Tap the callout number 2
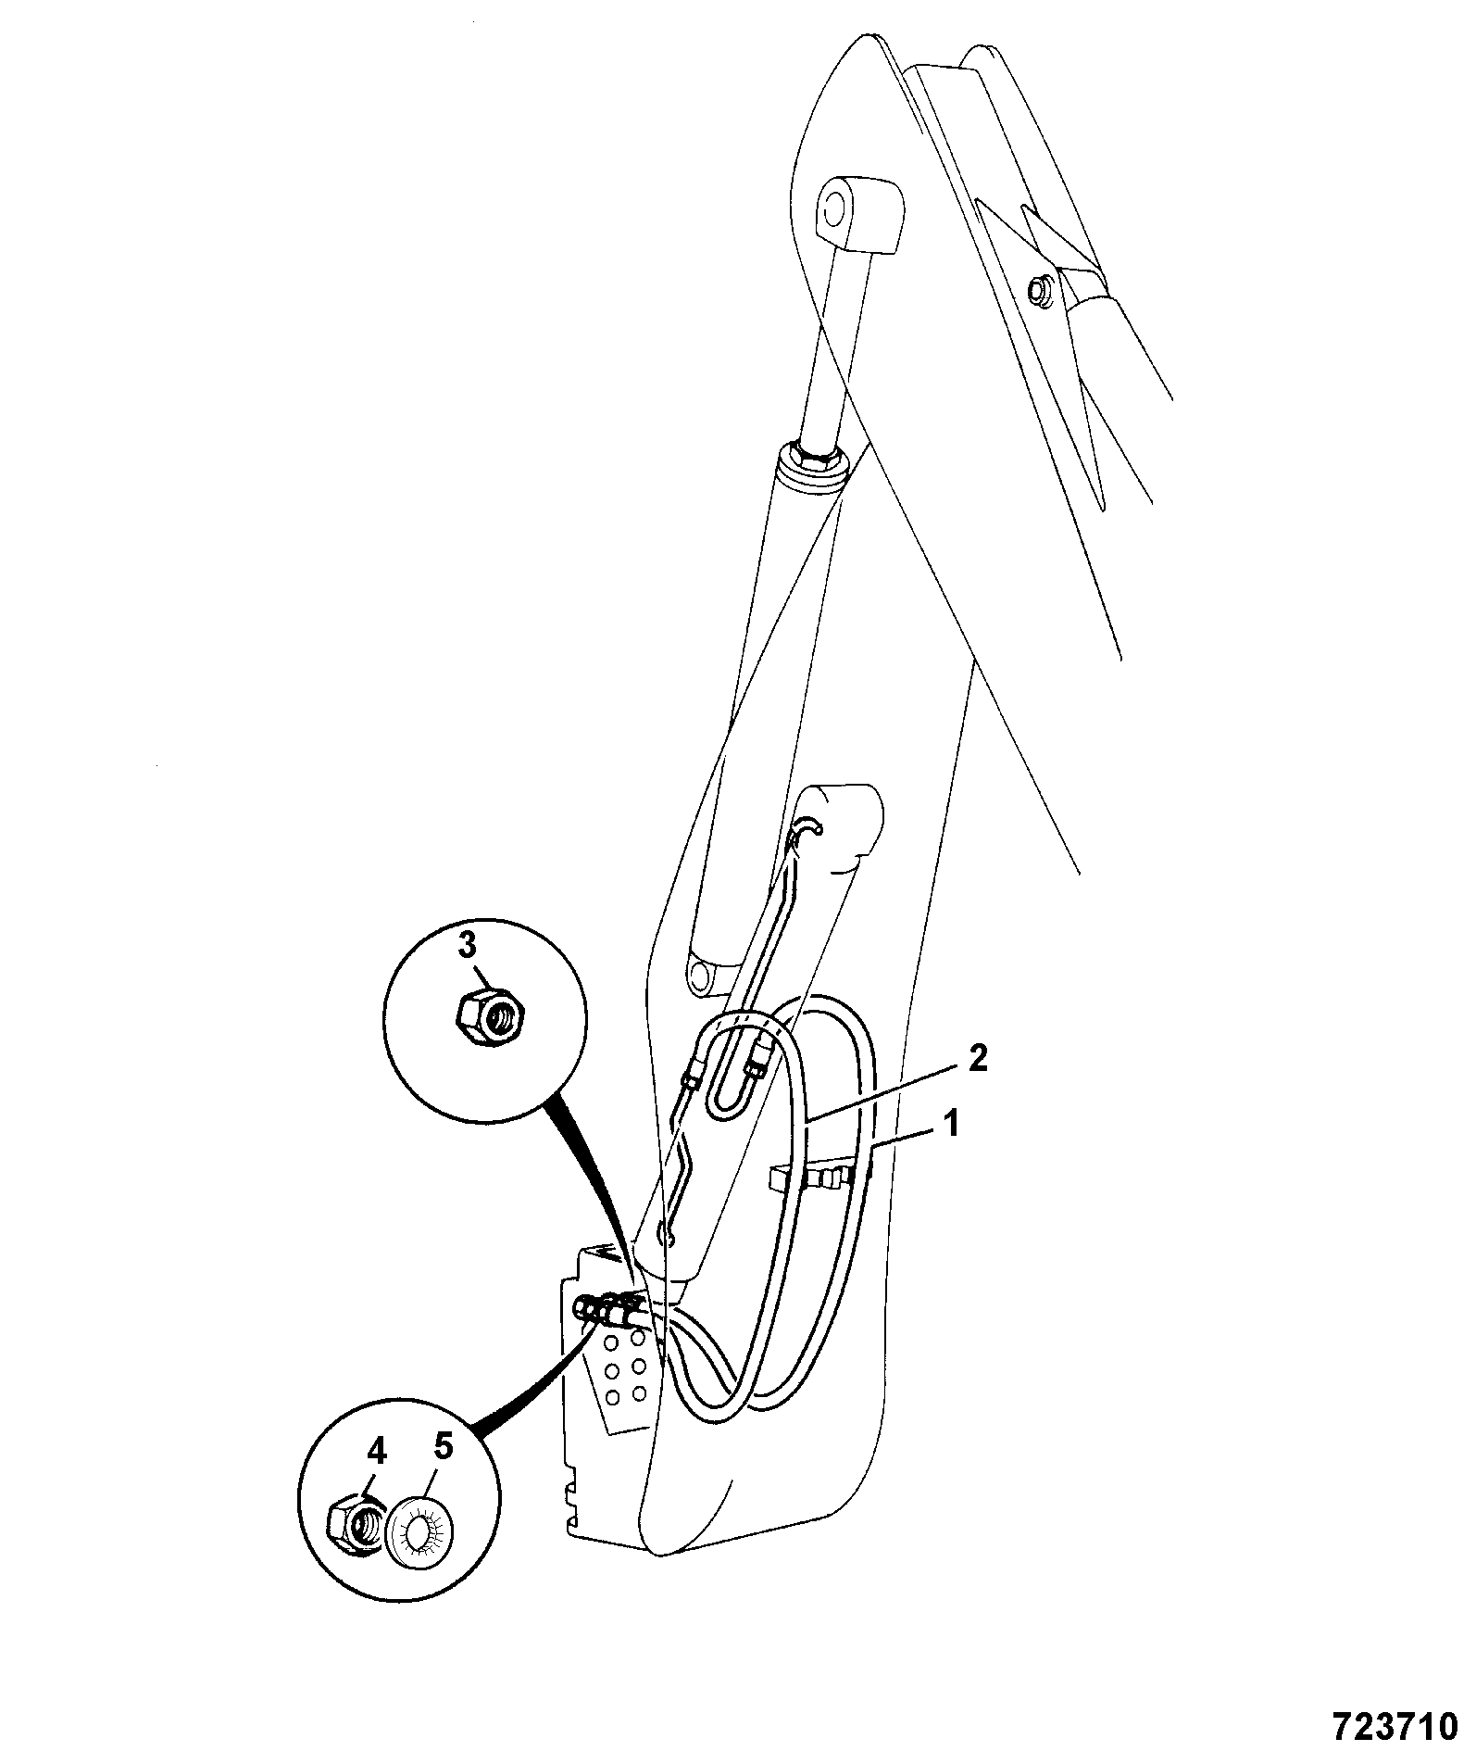pyautogui.click(x=977, y=1058)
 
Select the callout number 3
pyautogui.click(x=469, y=946)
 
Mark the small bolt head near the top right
pyautogui.click(x=1040, y=289)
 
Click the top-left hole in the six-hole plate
pyautogui.click(x=610, y=1342)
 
